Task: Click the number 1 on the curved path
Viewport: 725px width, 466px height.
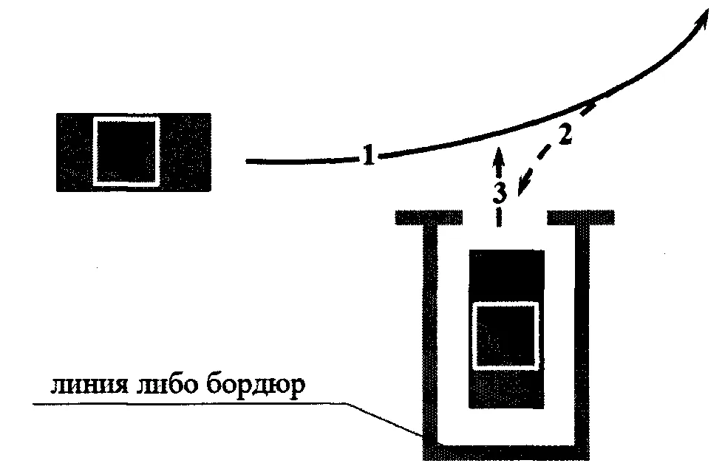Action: click(x=368, y=155)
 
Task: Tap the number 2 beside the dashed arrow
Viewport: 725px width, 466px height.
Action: click(x=565, y=134)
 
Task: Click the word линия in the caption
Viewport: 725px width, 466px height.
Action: click(x=89, y=386)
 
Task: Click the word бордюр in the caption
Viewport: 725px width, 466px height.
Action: click(x=256, y=386)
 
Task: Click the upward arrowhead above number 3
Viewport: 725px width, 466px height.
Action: click(x=498, y=156)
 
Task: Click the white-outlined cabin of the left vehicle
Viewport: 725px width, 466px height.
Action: click(x=126, y=151)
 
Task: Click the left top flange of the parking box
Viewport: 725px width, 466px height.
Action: click(x=429, y=218)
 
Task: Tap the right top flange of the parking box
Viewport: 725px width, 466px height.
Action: click(x=581, y=218)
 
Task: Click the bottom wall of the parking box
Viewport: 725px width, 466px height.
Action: click(x=506, y=453)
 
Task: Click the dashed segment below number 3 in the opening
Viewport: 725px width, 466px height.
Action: click(x=498, y=217)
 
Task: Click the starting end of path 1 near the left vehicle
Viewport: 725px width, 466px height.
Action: click(x=247, y=161)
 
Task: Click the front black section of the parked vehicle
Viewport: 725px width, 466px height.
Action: click(x=507, y=275)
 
